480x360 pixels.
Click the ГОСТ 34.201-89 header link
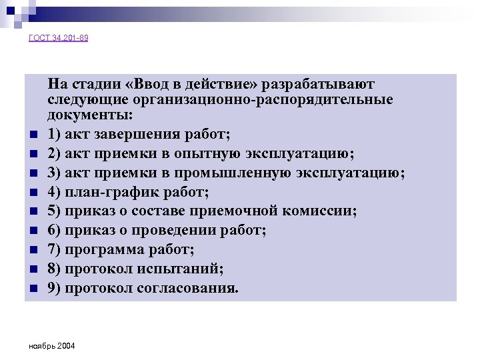click(59, 38)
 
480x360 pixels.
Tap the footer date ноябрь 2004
click(53, 347)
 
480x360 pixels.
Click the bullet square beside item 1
click(31, 135)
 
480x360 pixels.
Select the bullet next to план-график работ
click(31, 193)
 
